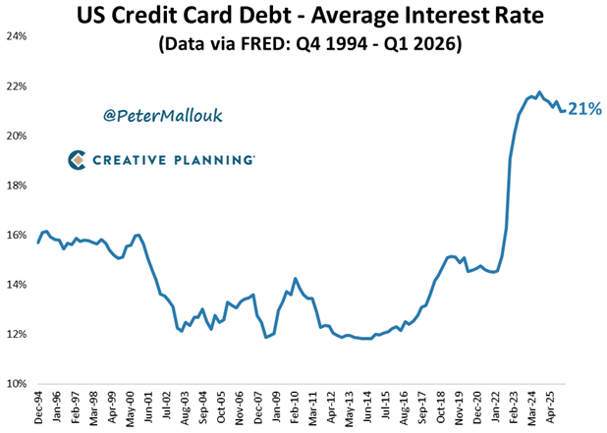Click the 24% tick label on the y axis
coord(17,36)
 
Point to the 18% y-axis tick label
coord(17,186)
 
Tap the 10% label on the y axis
coord(17,384)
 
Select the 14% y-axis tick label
coord(17,285)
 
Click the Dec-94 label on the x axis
coord(37,407)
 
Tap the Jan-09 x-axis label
coord(279,407)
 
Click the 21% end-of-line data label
coord(582,110)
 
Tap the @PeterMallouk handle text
coord(163,116)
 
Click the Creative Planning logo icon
coord(77,159)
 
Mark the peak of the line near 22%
coord(539,92)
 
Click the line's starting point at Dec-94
coord(38,243)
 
